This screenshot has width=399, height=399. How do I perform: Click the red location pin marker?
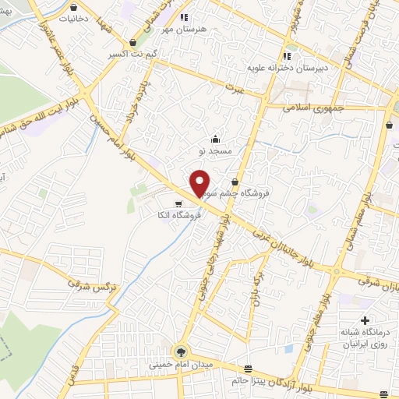pyautogui.click(x=199, y=182)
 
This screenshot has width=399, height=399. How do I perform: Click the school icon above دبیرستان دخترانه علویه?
pyautogui.click(x=288, y=55)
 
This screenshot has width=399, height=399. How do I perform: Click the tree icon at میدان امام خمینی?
pyautogui.click(x=181, y=351)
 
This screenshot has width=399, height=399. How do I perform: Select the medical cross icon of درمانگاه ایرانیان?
pyautogui.click(x=365, y=321)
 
